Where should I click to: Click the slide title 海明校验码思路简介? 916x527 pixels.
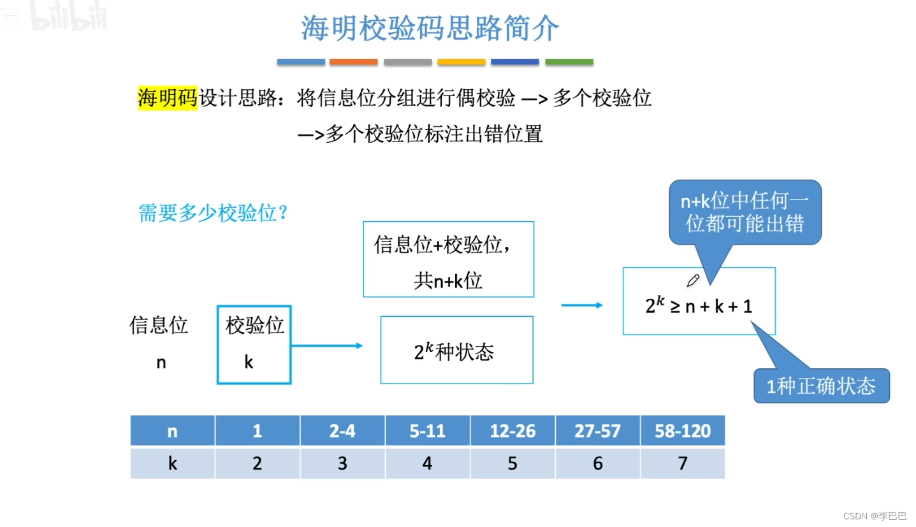pos(430,29)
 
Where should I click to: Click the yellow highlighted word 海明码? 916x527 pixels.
pos(168,98)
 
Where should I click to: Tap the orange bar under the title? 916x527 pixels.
pos(354,62)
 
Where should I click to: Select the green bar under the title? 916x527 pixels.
pos(569,62)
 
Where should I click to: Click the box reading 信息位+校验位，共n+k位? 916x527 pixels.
pos(448,259)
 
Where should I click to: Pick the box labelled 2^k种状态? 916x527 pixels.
pos(456,350)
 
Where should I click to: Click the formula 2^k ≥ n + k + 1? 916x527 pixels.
pos(699,306)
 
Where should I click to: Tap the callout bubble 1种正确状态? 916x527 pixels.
pos(821,386)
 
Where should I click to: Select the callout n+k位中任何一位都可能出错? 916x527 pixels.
pos(745,213)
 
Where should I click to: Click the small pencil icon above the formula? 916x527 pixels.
pos(693,280)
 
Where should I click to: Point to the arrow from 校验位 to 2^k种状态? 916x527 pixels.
pos(327,345)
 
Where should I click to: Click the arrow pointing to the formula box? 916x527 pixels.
pos(581,305)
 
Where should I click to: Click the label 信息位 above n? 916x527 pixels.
pos(159,325)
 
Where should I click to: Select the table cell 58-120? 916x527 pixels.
pos(682,431)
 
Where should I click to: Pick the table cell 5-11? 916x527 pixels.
pos(427,431)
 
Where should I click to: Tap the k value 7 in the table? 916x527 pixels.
pos(682,463)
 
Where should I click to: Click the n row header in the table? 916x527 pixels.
pos(172,431)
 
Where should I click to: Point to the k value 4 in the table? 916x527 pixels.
pos(427,463)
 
